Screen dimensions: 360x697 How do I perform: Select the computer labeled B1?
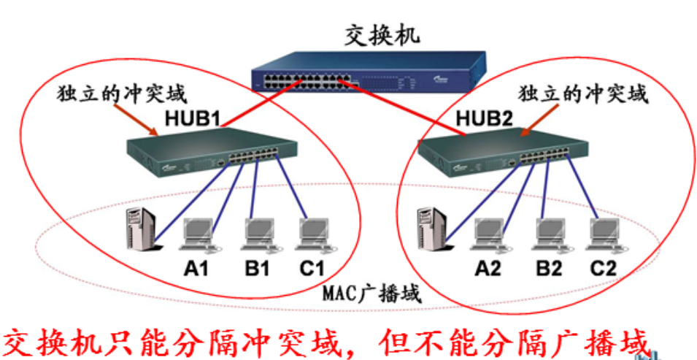pyautogui.click(x=256, y=231)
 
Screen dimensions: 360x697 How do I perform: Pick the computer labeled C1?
pyautogui.click(x=311, y=231)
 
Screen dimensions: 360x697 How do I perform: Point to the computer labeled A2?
pyautogui.click(x=487, y=231)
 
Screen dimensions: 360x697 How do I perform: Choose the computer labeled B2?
pyautogui.click(x=547, y=231)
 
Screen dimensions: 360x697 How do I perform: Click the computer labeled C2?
pyautogui.click(x=602, y=231)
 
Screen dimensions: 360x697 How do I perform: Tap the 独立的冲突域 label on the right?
pyautogui.click(x=583, y=94)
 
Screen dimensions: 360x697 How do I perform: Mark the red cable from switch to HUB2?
pyautogui.click(x=409, y=110)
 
